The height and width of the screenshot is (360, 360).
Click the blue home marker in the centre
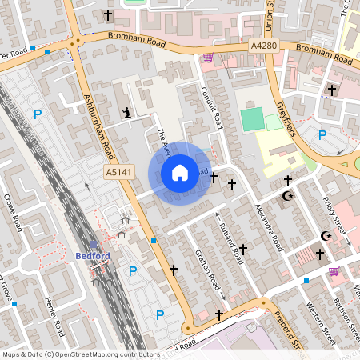(x=179, y=173)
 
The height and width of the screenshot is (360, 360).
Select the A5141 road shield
(x=118, y=172)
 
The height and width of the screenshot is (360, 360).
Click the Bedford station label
(x=91, y=256)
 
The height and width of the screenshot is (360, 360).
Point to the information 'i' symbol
(x=127, y=114)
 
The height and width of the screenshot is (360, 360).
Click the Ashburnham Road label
(x=99, y=128)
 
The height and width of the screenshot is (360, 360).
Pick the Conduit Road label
(x=210, y=109)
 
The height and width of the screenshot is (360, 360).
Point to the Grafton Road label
(x=207, y=269)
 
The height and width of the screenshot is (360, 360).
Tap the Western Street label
(x=318, y=316)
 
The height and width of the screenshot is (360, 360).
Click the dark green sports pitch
(x=251, y=120)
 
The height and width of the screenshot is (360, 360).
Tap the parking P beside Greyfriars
(x=322, y=135)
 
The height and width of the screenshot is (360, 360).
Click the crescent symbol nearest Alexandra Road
(x=288, y=196)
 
